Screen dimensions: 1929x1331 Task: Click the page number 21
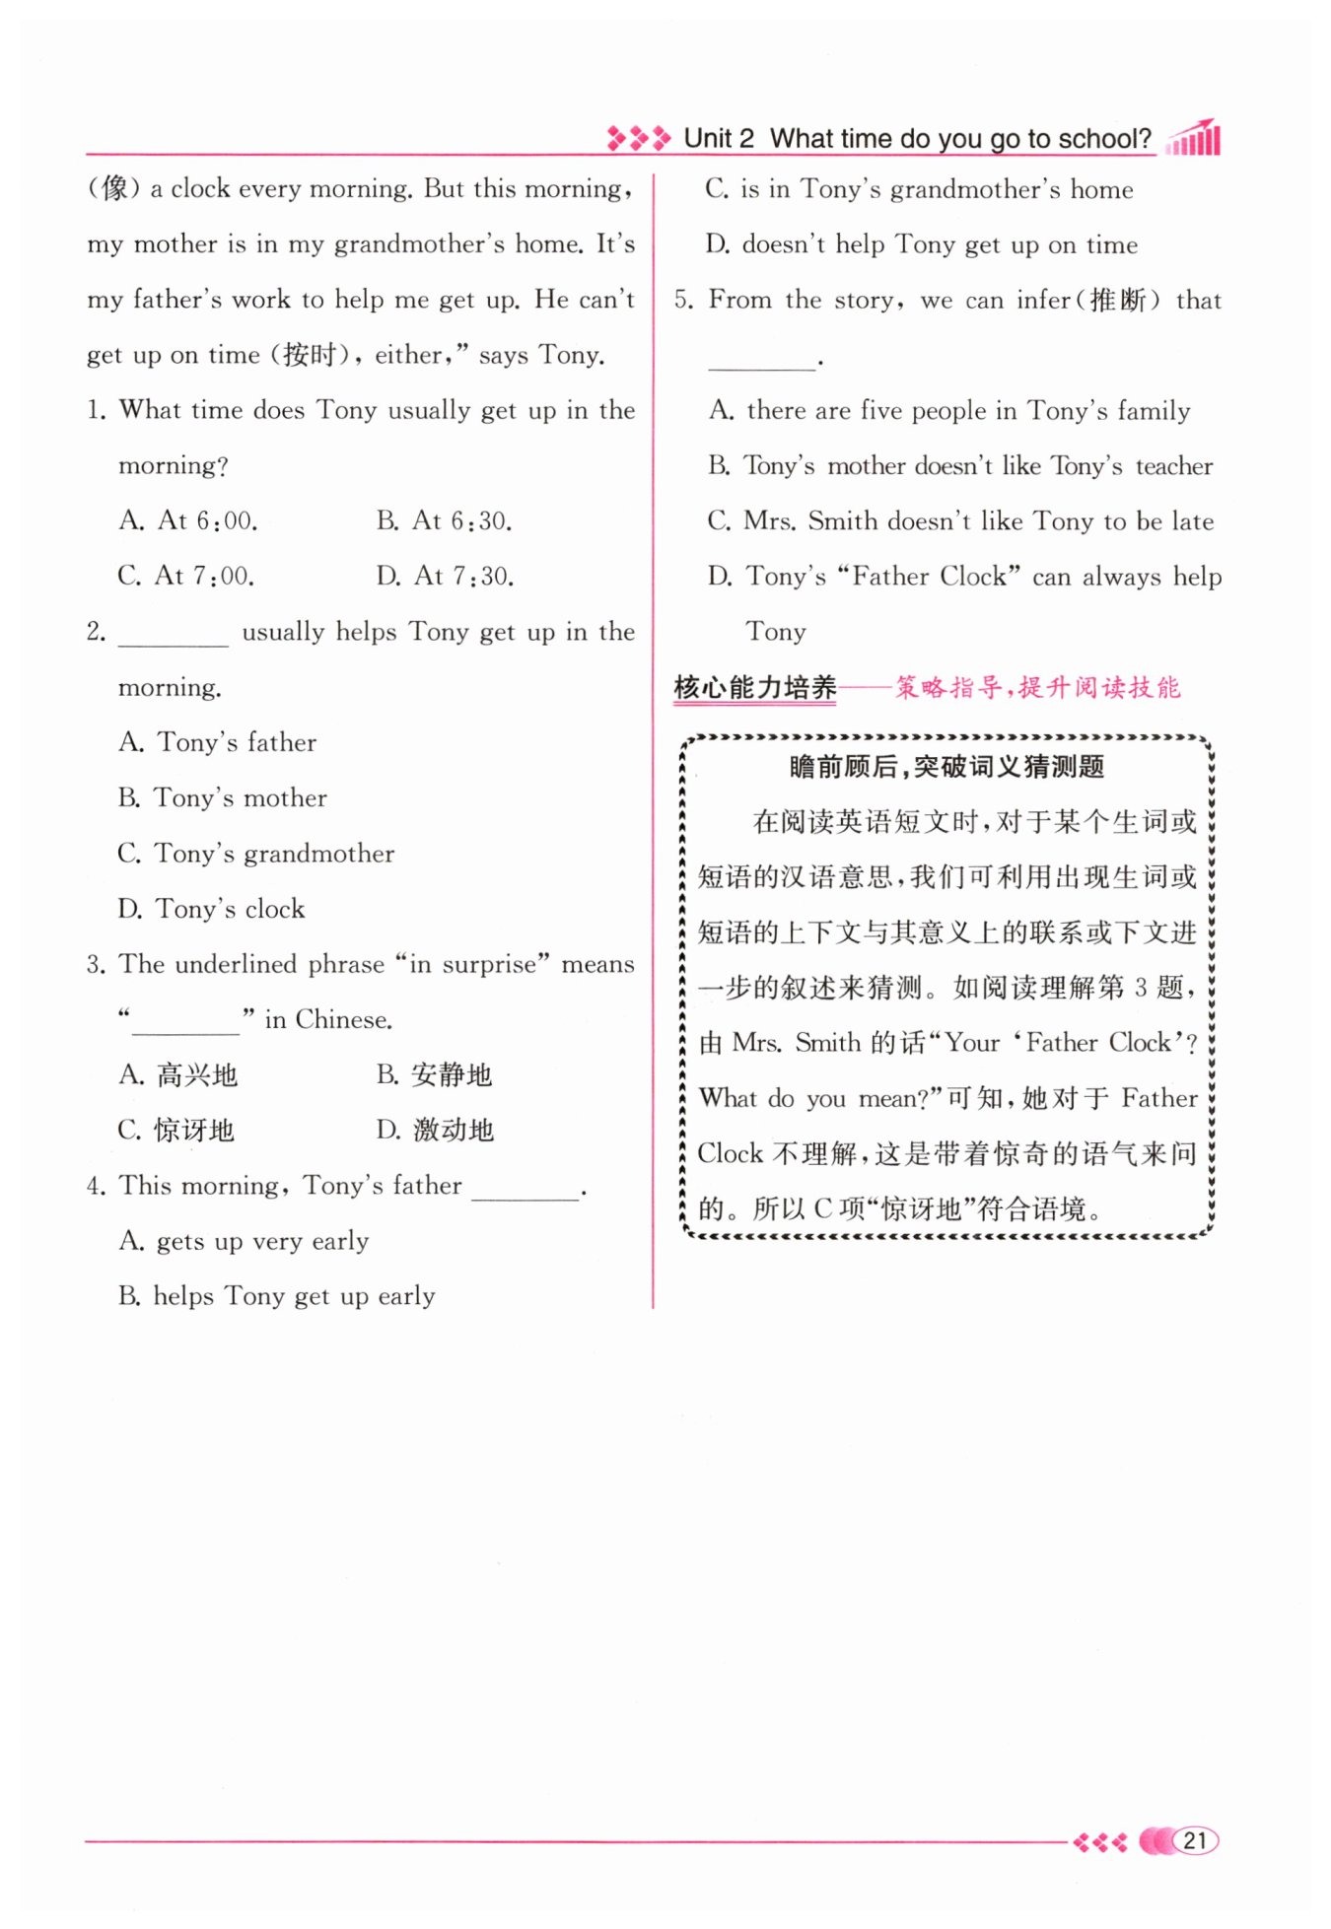(x=1195, y=1840)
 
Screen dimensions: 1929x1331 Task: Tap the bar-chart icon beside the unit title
(x=1194, y=139)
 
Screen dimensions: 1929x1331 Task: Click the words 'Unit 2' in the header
(x=719, y=139)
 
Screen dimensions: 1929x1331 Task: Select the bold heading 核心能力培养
(x=755, y=687)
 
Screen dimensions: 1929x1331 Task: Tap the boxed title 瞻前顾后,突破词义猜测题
(x=946, y=766)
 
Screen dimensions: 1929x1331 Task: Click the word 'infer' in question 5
(x=1043, y=300)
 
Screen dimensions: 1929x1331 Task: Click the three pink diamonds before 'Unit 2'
(x=638, y=138)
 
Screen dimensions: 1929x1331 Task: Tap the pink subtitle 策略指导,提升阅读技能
(x=1037, y=687)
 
